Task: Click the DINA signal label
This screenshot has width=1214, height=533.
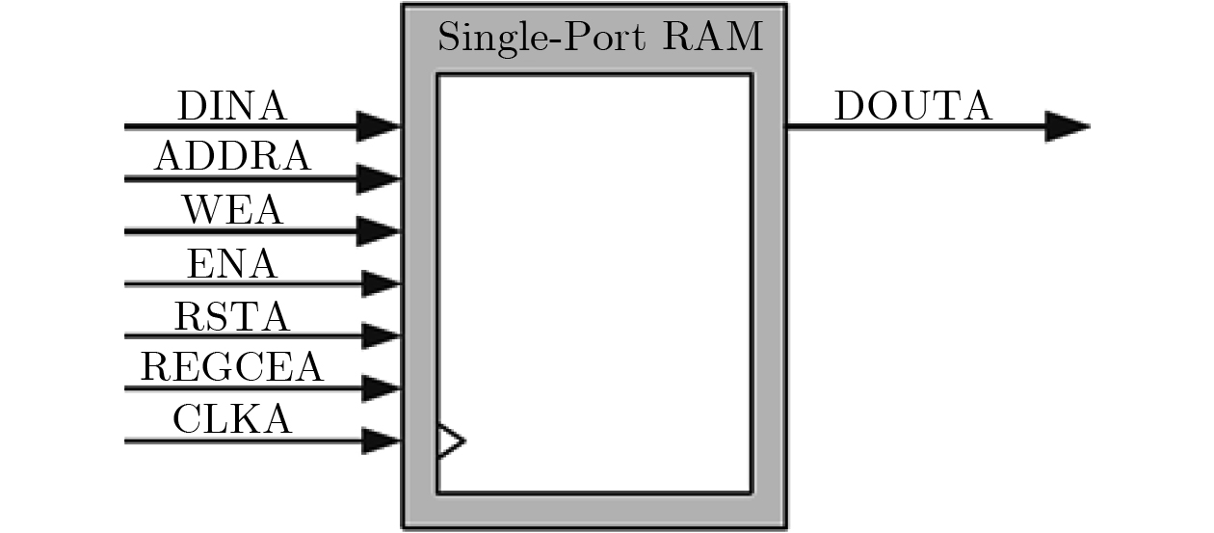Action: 231,106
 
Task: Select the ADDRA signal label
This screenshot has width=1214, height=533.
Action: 232,158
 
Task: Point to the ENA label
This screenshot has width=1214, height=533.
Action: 231,263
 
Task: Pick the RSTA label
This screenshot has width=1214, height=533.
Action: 232,315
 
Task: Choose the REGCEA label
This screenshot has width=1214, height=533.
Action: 231,367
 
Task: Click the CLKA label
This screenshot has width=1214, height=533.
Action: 232,420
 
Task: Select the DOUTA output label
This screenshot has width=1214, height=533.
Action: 912,107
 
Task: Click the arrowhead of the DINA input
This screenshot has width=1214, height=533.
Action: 378,125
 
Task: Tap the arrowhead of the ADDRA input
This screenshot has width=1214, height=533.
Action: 378,178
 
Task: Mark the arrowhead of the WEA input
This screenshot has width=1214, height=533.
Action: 378,231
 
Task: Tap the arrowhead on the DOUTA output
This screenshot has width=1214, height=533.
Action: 1067,126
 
